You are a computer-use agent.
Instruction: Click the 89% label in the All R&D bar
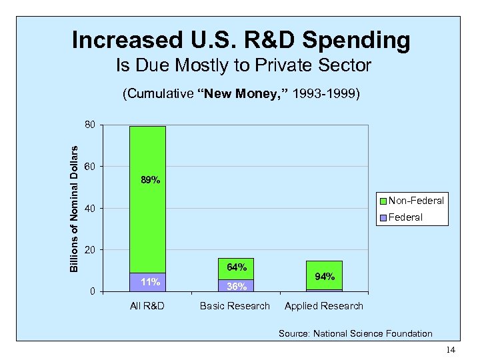point(150,180)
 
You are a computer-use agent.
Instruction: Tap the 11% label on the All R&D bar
point(150,282)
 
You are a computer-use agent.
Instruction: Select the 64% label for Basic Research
point(236,267)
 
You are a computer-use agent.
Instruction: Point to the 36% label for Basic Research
point(236,287)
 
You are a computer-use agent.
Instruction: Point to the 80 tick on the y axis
point(90,125)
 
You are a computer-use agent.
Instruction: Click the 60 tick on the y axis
point(90,166)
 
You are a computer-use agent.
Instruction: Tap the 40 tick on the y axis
point(90,208)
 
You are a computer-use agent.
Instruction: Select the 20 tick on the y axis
point(90,249)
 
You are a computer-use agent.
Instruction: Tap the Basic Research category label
point(236,306)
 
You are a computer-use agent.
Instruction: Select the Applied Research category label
point(324,306)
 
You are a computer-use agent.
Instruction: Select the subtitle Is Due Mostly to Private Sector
point(243,66)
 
